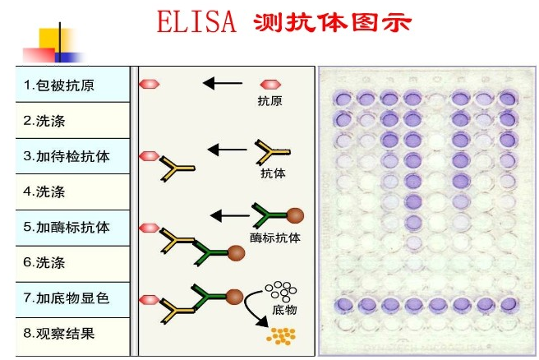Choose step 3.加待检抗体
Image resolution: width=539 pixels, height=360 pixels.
67,156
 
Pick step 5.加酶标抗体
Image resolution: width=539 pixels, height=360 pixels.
67,228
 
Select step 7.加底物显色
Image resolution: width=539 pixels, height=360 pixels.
67,298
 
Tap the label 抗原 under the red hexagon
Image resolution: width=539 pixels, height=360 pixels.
269,101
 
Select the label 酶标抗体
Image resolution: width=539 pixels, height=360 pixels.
275,238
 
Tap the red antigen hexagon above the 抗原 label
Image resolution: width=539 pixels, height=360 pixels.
269,84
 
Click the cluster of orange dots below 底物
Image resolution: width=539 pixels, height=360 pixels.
283,335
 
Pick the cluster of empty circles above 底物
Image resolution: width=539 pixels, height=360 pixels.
279,291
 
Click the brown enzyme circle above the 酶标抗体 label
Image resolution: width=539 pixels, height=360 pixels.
295,216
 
